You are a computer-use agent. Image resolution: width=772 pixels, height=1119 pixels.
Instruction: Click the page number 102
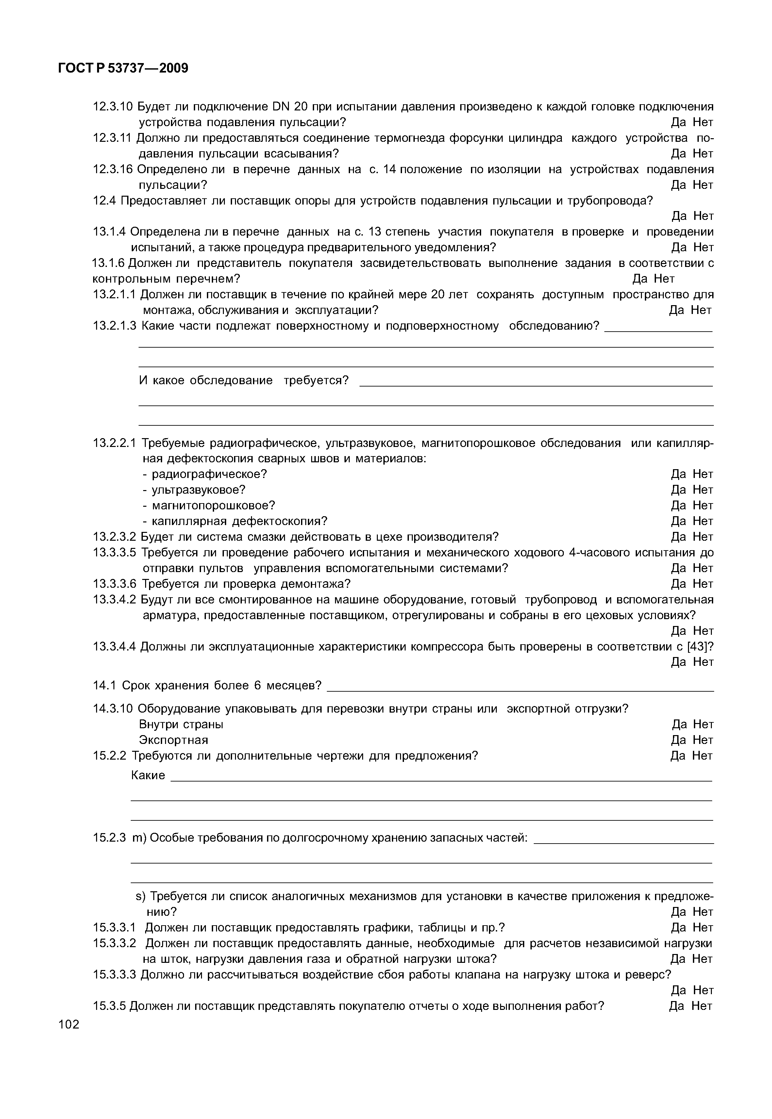(69, 1024)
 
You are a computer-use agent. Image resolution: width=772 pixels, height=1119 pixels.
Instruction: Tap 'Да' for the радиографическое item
(678, 474)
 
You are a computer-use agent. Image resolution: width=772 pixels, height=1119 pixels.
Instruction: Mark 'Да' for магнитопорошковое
(678, 505)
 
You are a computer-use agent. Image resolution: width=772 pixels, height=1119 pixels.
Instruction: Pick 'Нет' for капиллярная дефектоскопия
(703, 521)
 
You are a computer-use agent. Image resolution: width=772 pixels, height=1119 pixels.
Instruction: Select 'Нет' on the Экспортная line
(703, 740)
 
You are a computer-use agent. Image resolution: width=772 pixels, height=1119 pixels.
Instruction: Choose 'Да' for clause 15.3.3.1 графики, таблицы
(678, 928)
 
